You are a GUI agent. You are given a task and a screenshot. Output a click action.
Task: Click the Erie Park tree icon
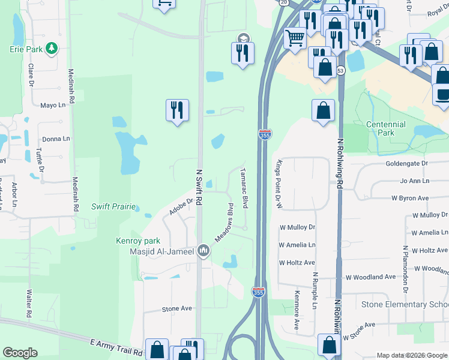click(x=52, y=48)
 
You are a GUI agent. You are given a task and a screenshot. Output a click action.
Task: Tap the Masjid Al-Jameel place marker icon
click(x=203, y=250)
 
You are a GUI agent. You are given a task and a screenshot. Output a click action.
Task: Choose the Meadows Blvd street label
click(x=223, y=223)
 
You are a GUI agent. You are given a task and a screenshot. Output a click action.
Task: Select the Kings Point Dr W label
click(x=278, y=185)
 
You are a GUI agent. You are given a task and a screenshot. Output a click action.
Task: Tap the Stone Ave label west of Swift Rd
click(x=176, y=308)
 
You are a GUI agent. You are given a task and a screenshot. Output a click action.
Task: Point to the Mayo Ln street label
click(x=53, y=106)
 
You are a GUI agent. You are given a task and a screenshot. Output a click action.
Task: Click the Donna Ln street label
click(x=52, y=139)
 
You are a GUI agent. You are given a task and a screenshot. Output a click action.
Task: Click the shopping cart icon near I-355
click(x=295, y=38)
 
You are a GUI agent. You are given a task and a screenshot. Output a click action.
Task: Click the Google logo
click(x=20, y=353)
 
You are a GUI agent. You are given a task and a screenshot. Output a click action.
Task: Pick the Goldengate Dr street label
click(x=406, y=163)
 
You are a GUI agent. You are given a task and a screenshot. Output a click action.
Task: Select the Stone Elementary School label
click(x=405, y=304)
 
